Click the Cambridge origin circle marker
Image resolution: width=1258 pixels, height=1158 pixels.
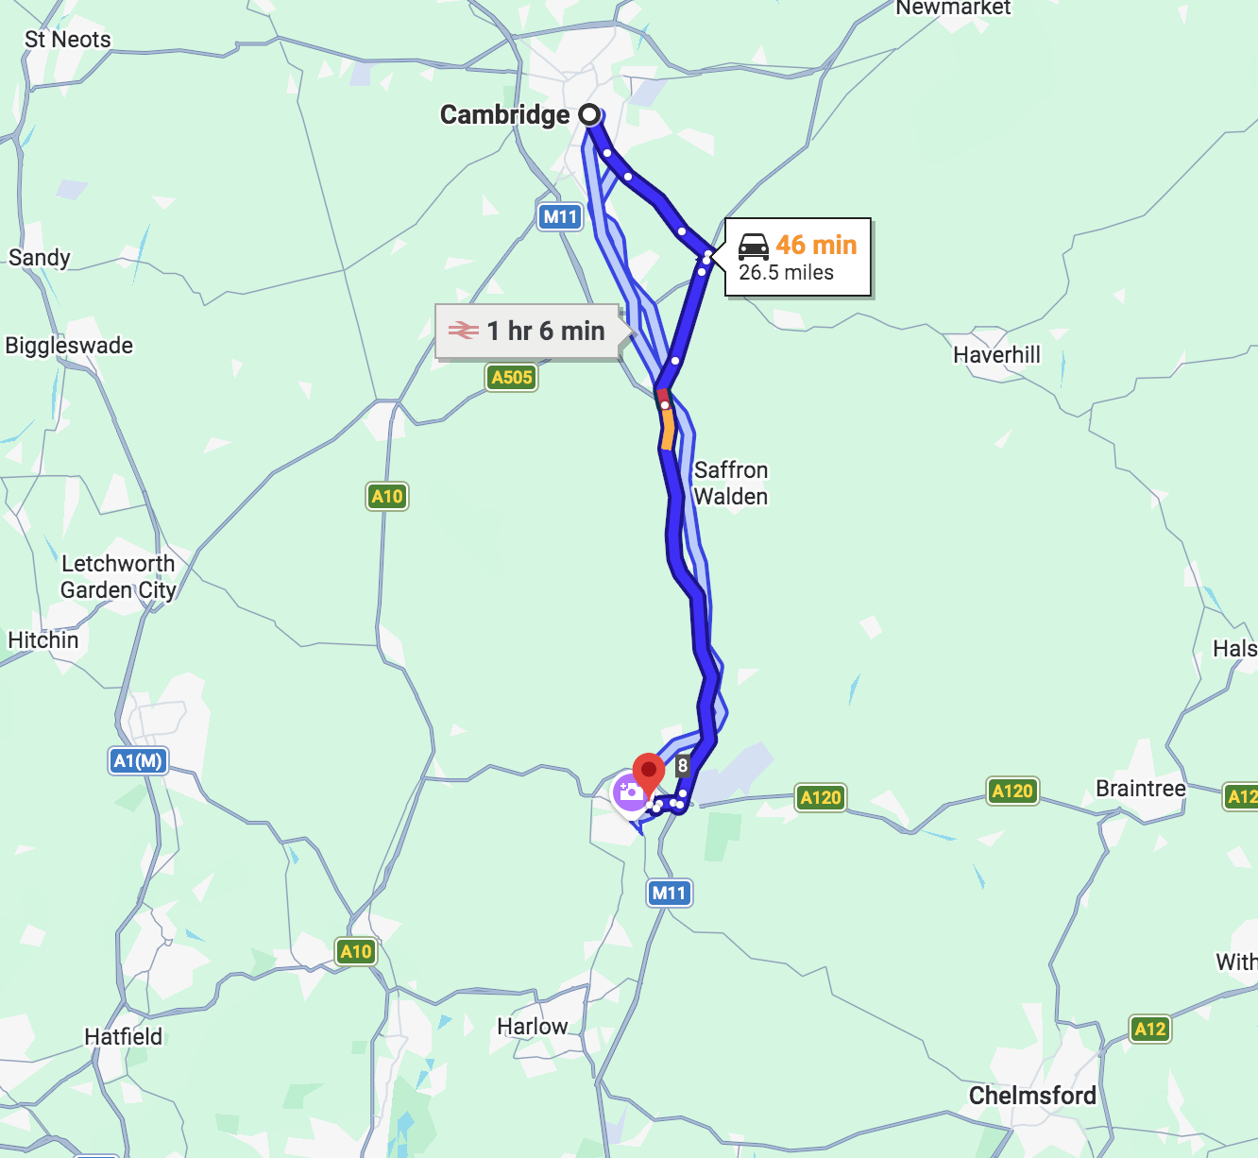pyautogui.click(x=589, y=115)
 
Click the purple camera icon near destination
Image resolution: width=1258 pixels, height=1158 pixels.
pyautogui.click(x=630, y=792)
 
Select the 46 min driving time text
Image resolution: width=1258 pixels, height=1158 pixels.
pyautogui.click(x=816, y=245)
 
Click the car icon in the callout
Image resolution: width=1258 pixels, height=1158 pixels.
pyautogui.click(x=753, y=247)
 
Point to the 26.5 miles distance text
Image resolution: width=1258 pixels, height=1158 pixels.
pyautogui.click(x=786, y=273)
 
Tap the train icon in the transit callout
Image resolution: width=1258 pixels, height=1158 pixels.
pyautogui.click(x=463, y=331)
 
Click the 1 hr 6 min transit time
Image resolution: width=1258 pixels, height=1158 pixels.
pyautogui.click(x=546, y=331)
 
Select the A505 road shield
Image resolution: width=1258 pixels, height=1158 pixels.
pyautogui.click(x=512, y=378)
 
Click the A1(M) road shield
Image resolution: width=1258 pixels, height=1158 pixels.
pyautogui.click(x=138, y=760)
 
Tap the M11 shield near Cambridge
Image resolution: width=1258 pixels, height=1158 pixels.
pyautogui.click(x=560, y=217)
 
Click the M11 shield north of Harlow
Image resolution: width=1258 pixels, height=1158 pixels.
pyautogui.click(x=670, y=893)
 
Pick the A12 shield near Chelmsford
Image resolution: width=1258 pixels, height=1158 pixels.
pyautogui.click(x=1149, y=1029)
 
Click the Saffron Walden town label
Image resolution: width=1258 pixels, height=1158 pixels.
pyautogui.click(x=730, y=483)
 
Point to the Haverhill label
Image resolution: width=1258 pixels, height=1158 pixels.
pyautogui.click(x=996, y=355)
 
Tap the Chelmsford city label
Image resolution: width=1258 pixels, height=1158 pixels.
pyautogui.click(x=1032, y=1096)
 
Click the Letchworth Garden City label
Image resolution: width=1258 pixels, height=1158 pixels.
pyautogui.click(x=118, y=576)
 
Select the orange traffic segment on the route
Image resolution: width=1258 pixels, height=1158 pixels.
pyautogui.click(x=668, y=429)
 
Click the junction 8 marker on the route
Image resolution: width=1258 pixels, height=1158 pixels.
pyautogui.click(x=683, y=766)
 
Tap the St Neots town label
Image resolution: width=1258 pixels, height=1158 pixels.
pyautogui.click(x=67, y=40)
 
